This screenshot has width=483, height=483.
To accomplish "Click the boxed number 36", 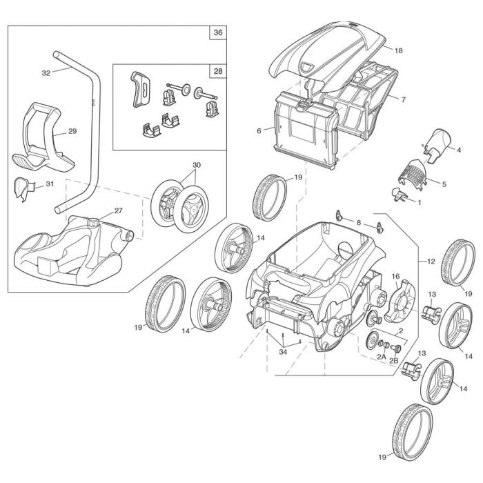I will (218, 32).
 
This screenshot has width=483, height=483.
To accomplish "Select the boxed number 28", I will (218, 72).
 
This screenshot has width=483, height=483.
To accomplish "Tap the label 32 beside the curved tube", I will (46, 72).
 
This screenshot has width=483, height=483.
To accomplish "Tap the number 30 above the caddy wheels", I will (197, 165).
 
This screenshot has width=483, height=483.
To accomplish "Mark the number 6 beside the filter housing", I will (259, 130).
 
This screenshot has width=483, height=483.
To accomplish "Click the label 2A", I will (381, 357).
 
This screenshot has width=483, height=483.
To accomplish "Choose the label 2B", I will (395, 361).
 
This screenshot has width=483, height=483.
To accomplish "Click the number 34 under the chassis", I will (282, 354).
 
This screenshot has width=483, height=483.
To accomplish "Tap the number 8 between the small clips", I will (359, 222).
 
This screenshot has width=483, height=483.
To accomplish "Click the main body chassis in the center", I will (310, 283).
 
